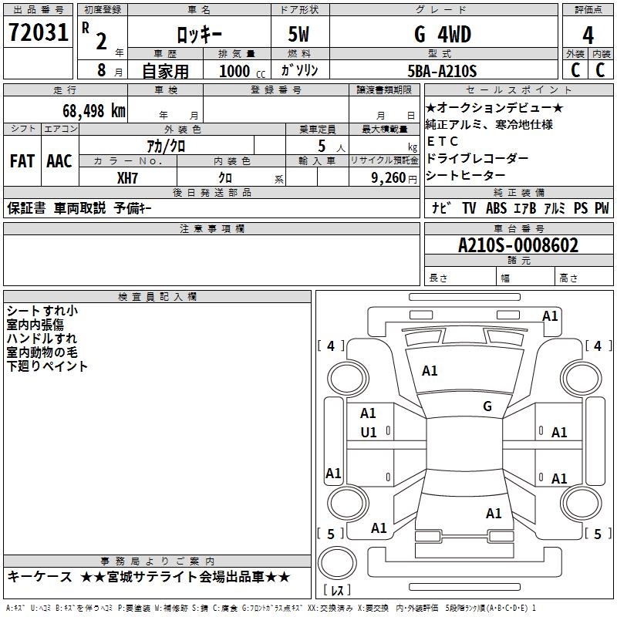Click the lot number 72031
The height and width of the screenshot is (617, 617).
[x=38, y=32]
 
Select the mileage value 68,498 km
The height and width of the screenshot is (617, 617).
[x=94, y=111]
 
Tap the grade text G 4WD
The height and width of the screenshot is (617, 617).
[x=443, y=35]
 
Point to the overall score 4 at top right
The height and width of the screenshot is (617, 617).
[x=588, y=35]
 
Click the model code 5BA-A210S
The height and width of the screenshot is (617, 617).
[x=442, y=71]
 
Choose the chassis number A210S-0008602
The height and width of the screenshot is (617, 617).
[x=518, y=245]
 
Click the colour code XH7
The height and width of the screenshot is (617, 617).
[x=127, y=178]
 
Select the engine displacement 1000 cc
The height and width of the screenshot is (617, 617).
[x=242, y=71]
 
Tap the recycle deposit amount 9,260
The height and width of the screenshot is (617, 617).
[x=389, y=178]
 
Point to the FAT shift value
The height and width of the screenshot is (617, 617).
[x=22, y=161]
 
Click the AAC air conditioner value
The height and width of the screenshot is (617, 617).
[x=59, y=161]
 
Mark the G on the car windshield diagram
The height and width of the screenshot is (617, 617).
[x=487, y=406]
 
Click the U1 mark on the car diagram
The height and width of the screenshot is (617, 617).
[x=369, y=433]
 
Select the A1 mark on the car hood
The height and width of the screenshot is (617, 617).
[x=430, y=371]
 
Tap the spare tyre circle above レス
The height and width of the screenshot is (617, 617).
[x=337, y=562]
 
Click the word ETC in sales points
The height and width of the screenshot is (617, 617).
[x=442, y=141]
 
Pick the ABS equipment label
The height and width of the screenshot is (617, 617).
[x=496, y=208]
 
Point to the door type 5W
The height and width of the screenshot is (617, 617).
[x=298, y=35]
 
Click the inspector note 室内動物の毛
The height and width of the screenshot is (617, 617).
[x=42, y=352]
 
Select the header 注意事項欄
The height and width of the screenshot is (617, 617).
[x=212, y=228]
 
